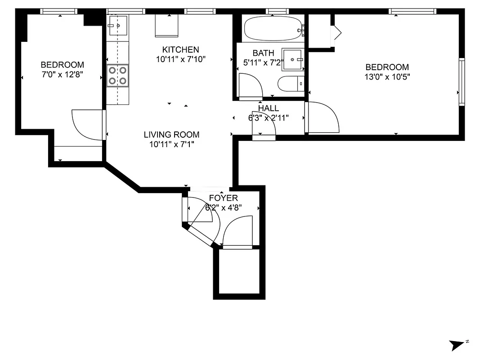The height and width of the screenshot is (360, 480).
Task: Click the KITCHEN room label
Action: click(x=180, y=49)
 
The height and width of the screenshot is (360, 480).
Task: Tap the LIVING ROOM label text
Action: click(x=171, y=135)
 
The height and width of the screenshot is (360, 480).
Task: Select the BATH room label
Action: click(x=263, y=53)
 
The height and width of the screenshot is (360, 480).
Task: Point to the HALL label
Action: click(x=268, y=108)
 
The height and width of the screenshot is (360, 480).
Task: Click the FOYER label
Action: click(x=223, y=198)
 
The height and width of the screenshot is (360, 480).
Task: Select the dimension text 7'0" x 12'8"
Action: click(x=62, y=74)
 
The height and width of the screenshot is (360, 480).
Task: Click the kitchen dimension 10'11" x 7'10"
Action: click(x=180, y=59)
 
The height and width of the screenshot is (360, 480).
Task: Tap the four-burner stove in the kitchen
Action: click(x=117, y=75)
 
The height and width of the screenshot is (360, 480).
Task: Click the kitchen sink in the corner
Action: click(x=118, y=26)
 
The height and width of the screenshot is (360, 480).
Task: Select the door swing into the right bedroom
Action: click(x=322, y=117)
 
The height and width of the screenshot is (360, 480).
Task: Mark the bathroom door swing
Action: click(x=249, y=85)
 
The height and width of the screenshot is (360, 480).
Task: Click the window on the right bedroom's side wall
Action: click(x=462, y=82)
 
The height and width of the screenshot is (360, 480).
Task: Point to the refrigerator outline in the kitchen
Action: click(x=167, y=26)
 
